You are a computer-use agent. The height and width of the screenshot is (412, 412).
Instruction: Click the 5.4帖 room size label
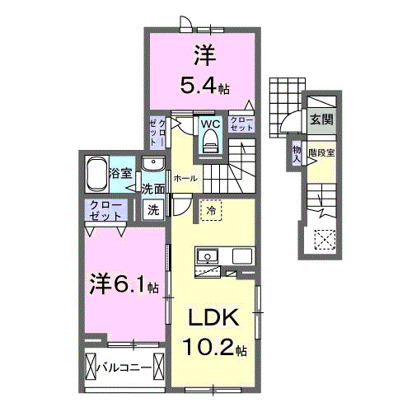point(204,84)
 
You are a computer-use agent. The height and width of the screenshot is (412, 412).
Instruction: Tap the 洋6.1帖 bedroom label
point(124,286)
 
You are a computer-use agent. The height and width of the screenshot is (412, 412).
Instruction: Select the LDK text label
point(215,318)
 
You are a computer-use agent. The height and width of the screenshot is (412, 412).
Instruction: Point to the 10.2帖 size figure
point(215,349)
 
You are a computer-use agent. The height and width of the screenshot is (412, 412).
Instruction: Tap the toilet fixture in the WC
point(210,143)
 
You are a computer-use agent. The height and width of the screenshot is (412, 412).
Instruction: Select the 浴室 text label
point(121,173)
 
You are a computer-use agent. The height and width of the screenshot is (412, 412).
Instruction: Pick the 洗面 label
point(153,189)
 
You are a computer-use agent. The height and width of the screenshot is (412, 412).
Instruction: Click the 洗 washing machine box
point(153,209)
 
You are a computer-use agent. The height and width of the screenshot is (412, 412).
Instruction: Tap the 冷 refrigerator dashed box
point(210,211)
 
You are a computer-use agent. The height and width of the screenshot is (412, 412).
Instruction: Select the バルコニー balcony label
point(125,366)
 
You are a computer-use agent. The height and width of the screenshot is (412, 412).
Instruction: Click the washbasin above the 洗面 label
point(152,165)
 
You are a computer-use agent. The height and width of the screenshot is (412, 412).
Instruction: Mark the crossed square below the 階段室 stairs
point(323,239)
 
